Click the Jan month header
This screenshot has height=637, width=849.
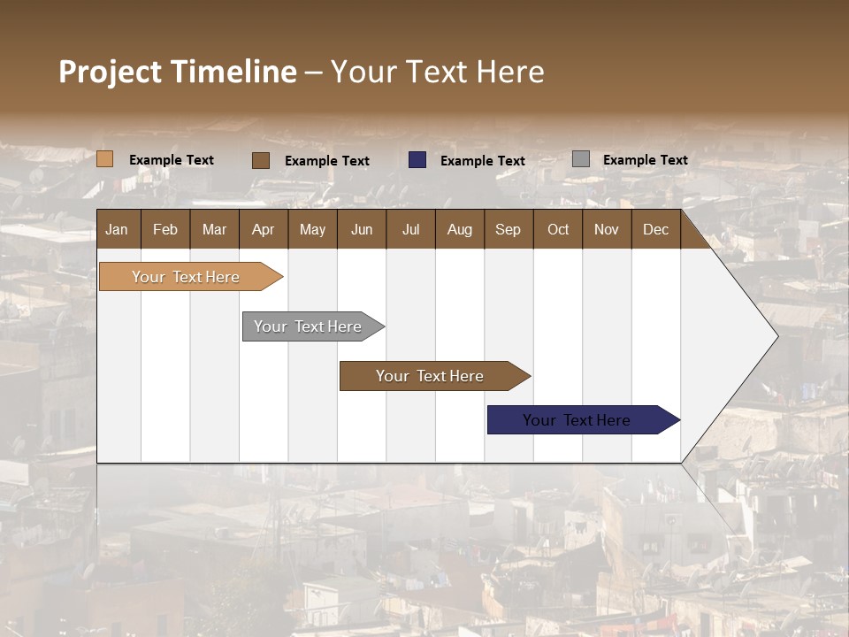pyautogui.click(x=118, y=229)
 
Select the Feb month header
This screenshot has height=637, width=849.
pyautogui.click(x=165, y=229)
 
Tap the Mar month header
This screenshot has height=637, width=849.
pyautogui.click(x=214, y=229)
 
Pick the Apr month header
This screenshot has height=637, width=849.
pyautogui.click(x=264, y=229)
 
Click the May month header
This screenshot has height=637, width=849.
pyautogui.click(x=312, y=229)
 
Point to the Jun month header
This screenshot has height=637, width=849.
pyautogui.click(x=362, y=229)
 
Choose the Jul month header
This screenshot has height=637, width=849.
pyautogui.click(x=410, y=229)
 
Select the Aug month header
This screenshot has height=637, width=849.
pyautogui.click(x=460, y=229)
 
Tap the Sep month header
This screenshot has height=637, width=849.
pyautogui.click(x=509, y=229)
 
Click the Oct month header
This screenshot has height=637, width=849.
pyautogui.click(x=558, y=229)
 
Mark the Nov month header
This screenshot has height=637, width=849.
pyautogui.click(x=607, y=229)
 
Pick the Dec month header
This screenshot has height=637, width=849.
pyautogui.click(x=656, y=229)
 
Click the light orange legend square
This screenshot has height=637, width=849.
pyautogui.click(x=105, y=159)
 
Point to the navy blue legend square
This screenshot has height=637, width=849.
pyautogui.click(x=417, y=159)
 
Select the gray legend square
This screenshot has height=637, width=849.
pyautogui.click(x=581, y=159)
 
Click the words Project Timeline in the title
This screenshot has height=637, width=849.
pyautogui.click(x=178, y=72)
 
